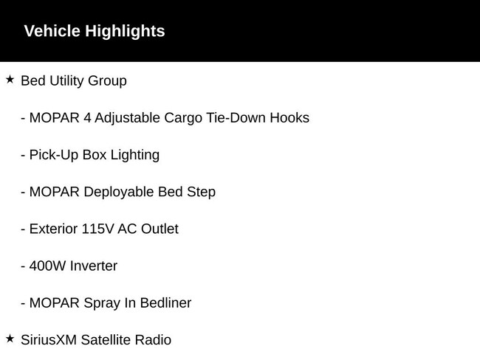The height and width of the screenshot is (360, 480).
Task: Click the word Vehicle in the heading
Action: tap(52, 31)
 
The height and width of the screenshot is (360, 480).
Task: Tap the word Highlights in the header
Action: tap(125, 32)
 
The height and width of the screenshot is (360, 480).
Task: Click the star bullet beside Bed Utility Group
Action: tap(10, 80)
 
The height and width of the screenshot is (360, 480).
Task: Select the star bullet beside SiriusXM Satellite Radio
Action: tap(10, 339)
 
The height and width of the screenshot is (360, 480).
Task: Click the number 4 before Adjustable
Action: tap(87, 118)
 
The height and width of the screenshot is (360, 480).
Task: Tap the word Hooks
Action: tap(289, 118)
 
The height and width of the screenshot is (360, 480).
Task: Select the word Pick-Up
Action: tap(54, 156)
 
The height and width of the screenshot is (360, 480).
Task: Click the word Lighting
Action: tap(135, 156)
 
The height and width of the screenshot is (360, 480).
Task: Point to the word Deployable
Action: tap(119, 193)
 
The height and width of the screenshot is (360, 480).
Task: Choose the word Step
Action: tap(201, 193)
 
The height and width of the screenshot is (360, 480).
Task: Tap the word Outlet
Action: tap(160, 229)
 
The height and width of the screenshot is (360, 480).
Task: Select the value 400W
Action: tap(47, 266)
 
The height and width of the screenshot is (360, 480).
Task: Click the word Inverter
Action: tap(93, 266)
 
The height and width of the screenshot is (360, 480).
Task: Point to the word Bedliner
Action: tap(165, 302)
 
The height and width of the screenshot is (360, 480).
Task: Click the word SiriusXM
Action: tap(49, 340)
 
